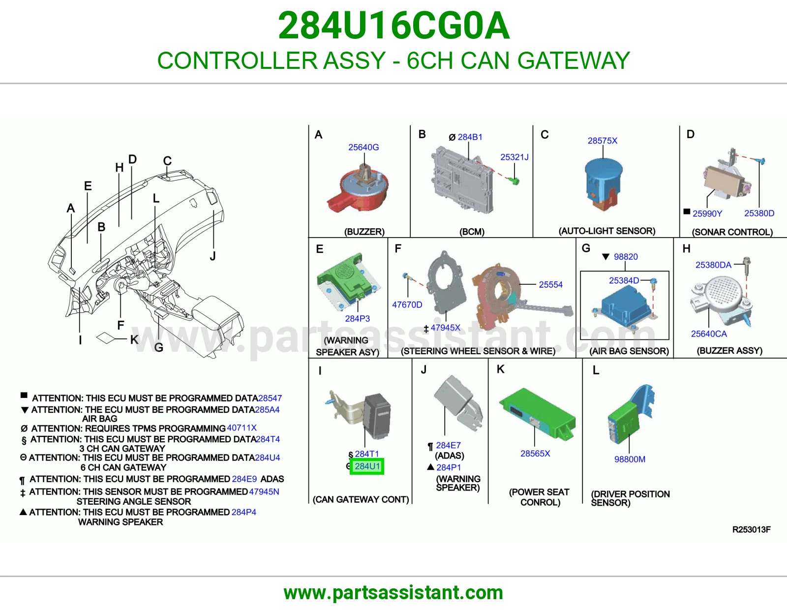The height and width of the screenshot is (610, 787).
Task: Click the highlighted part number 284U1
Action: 367,466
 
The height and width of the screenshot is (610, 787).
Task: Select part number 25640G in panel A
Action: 363,148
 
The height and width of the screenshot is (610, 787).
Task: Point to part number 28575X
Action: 602,141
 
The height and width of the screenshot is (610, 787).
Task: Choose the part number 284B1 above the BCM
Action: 470,137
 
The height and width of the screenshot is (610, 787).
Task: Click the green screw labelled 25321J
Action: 515,181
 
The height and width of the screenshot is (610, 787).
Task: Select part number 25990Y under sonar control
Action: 707,213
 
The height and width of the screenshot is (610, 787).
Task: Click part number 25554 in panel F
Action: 550,285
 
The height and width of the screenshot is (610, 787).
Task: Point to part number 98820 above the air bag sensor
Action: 626,257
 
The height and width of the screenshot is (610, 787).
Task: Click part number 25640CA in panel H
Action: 708,334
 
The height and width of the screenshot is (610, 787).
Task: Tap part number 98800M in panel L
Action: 630,459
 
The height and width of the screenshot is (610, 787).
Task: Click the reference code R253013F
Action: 751,530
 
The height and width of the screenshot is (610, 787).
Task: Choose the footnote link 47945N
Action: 264,491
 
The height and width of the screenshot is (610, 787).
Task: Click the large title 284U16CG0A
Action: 393,26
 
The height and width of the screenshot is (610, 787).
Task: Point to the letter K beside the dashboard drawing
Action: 134,339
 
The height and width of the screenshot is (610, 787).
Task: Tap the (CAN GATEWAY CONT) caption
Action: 361,499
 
